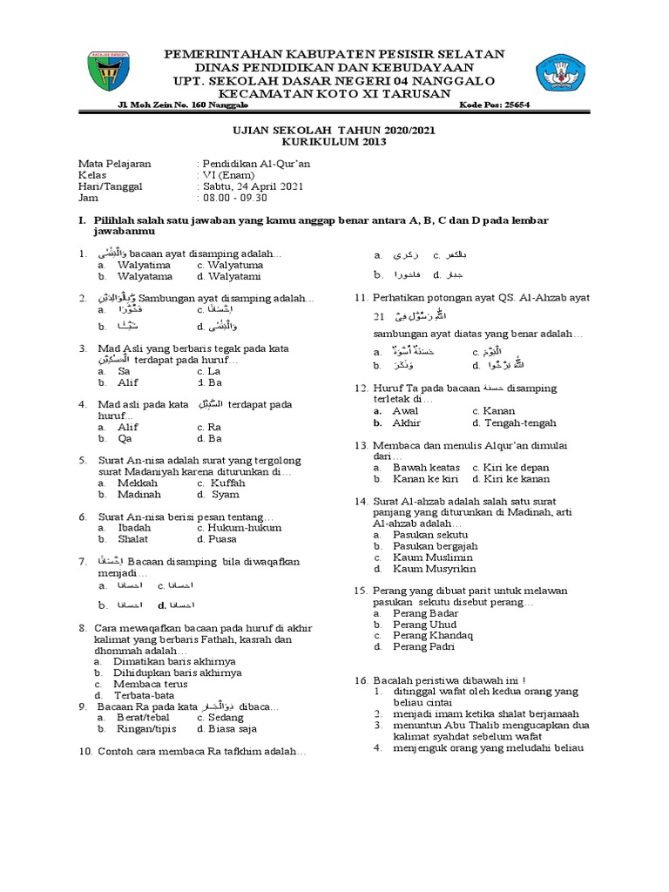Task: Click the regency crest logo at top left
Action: [x=112, y=72]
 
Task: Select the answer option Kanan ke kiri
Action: [x=422, y=479]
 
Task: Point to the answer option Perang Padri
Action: [x=424, y=647]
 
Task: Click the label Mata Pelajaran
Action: [x=115, y=164]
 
